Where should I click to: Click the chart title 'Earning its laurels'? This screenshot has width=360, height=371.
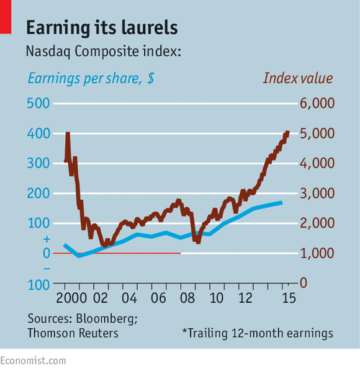pos(102,28)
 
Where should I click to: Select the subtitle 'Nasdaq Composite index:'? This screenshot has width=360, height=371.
pos(104,51)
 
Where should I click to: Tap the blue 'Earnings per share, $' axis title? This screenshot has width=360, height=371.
pos(91,78)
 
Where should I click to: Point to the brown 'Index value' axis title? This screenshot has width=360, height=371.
pos(298,78)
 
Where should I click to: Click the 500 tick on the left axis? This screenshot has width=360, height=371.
pos(38,104)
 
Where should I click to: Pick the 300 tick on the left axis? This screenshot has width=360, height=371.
pos(38,163)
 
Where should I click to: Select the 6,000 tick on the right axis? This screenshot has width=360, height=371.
pos(317,104)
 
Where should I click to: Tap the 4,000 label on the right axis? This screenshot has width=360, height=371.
pos(317,163)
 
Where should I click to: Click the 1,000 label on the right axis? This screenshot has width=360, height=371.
pos(317,253)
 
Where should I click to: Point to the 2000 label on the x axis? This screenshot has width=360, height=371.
pos(71,298)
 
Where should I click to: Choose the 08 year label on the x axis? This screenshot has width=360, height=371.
pos(187,298)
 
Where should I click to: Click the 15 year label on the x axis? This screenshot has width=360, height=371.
pos(289,298)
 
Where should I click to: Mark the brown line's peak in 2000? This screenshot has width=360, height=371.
pos(68,133)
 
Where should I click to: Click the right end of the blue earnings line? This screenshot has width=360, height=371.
pos(282,203)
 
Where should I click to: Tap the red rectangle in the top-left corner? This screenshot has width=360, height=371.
pos(6,17)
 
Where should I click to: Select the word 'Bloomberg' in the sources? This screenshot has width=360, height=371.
pos(106,318)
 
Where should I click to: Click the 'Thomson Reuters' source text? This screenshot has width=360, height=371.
pos(73,333)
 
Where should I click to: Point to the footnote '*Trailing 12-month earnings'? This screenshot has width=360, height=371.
pos(258,333)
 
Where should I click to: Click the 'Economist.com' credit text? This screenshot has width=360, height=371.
pos(33,361)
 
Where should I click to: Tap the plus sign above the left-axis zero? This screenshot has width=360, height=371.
pos(47,239)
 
